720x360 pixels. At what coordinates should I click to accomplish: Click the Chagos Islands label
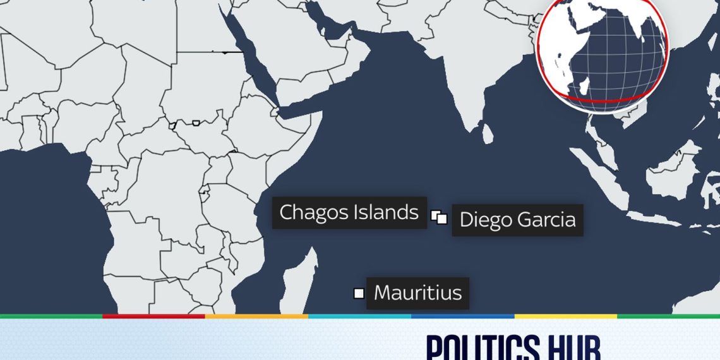tap(349, 212)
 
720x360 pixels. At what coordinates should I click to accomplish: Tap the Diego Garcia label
tap(517, 220)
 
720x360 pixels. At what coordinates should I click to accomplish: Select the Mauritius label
tap(417, 293)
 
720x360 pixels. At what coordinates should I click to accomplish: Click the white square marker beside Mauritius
tap(359, 293)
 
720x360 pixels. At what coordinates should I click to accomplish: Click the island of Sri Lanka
tap(486, 134)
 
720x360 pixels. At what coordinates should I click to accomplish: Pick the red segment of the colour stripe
tap(153, 316)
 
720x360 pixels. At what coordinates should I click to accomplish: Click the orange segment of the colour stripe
tap(256, 316)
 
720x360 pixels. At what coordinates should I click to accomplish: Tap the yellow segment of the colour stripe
tap(565, 316)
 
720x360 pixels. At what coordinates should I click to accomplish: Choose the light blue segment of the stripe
tap(359, 316)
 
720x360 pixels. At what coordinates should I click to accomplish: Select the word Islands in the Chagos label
tap(386, 212)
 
